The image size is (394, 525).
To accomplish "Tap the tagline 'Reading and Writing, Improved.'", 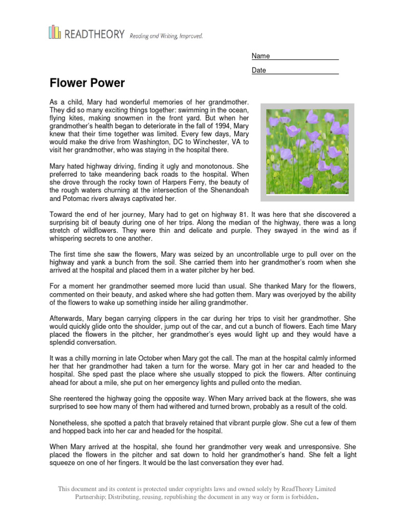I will [x=166, y=36].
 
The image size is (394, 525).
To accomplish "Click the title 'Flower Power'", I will [x=87, y=83].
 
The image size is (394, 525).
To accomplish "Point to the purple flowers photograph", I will [x=307, y=152].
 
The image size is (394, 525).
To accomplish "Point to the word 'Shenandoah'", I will [x=226, y=190].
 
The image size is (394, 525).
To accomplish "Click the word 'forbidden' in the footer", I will [x=301, y=497].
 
